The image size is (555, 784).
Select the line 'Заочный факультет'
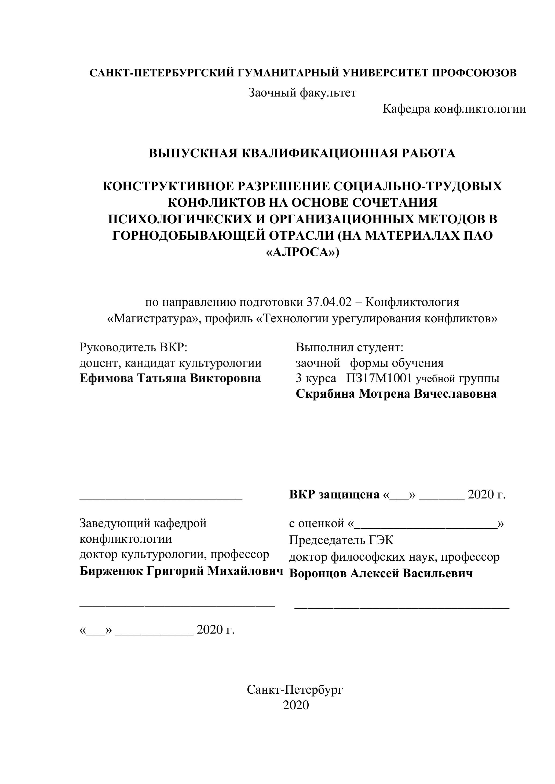click(x=302, y=93)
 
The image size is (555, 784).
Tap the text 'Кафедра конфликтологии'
click(x=454, y=109)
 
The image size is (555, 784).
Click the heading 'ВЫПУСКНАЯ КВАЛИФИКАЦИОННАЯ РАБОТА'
click(x=302, y=153)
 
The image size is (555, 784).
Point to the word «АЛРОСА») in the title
click(x=302, y=252)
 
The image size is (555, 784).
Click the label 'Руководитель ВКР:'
click(x=134, y=347)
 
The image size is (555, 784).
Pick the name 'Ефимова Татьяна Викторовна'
click(x=170, y=378)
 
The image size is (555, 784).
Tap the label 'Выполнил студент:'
click(x=350, y=347)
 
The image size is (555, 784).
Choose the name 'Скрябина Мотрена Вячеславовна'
click(x=396, y=394)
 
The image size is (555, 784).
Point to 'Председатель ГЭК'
click(x=341, y=540)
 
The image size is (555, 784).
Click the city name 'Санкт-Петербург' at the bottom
click(x=295, y=689)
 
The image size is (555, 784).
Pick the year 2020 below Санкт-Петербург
click(x=295, y=705)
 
